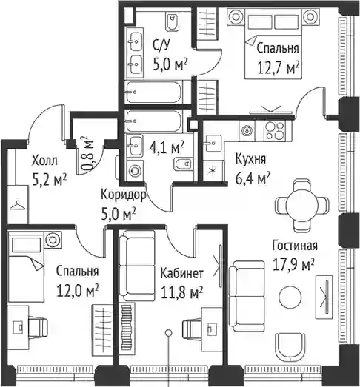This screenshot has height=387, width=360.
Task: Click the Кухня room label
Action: pos(250,159)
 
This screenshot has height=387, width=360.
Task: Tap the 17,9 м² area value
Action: pos(293,264)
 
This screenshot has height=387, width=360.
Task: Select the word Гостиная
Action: pos(295,246)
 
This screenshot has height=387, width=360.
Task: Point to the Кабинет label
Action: pos(181,273)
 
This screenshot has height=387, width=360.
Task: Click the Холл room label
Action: pos(44,161)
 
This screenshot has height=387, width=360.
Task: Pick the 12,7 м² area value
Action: pos(279,67)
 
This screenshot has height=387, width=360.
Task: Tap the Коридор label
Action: pos(123,195)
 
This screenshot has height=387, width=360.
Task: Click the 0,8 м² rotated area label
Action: pos(88,153)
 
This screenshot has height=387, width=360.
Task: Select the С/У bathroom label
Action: pos(161,45)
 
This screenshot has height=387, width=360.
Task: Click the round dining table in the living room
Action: pos(302,205)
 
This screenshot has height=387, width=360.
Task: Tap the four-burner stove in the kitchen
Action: pos(275,130)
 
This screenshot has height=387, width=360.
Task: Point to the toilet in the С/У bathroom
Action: pos(172,22)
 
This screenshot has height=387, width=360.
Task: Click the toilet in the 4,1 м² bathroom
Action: pos(184,164)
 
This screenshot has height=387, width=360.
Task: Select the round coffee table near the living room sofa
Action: pos(290,297)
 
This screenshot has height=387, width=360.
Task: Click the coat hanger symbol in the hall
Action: pos(17,205)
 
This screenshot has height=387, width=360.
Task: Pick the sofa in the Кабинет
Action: pos(136,266)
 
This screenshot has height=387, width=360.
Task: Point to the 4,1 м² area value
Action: pos(166,148)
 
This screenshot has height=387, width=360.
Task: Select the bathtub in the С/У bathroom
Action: pos(153,92)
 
